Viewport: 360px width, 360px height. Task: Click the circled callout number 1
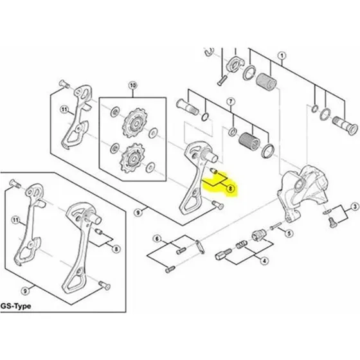tap(282, 56)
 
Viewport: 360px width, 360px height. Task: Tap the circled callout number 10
tap(132, 85)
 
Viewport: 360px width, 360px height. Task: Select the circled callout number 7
tap(231, 102)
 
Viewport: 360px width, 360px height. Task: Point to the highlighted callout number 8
tap(231, 189)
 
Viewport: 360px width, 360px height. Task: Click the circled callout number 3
tap(355, 206)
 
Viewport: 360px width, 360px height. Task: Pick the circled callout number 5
tap(289, 233)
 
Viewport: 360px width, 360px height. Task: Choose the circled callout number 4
tap(264, 261)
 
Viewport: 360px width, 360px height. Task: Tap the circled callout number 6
tap(157, 239)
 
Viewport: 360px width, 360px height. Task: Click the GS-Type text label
tap(15, 306)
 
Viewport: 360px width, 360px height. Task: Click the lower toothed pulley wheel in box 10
tap(132, 158)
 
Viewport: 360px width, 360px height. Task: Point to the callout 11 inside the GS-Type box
tap(15, 221)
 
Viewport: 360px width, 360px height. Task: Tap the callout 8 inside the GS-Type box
tap(116, 249)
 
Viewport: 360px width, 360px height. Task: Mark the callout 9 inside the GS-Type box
tap(25, 291)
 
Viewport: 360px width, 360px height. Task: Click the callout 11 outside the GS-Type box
tap(64, 109)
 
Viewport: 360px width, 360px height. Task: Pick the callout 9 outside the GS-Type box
tap(138, 213)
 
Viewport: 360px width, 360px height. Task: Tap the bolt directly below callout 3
tap(332, 222)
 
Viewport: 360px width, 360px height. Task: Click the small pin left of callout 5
tap(276, 226)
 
